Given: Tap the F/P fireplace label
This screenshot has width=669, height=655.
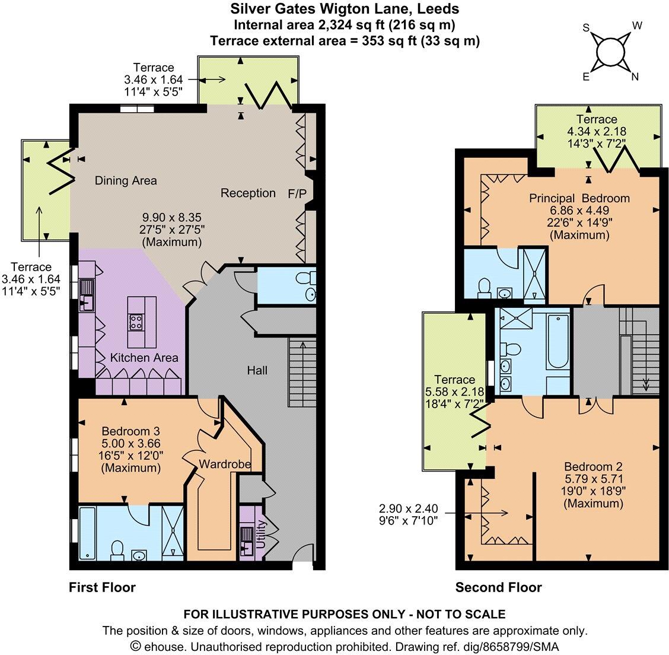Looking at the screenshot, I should tap(296, 193).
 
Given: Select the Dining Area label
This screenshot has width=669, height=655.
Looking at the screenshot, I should tap(126, 180).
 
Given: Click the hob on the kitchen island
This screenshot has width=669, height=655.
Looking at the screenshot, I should tap(135, 322).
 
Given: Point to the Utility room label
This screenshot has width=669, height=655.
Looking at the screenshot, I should tap(260, 535).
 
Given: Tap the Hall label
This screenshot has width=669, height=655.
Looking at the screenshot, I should tap(257, 371).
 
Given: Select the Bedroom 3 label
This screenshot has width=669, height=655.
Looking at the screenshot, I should tap(130, 431).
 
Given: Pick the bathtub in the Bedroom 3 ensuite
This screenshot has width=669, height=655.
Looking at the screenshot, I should tap(88, 533).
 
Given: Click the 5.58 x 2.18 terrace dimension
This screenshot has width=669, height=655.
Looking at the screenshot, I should tap(455, 392).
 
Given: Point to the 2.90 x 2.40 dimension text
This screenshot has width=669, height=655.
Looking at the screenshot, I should tap(408, 508).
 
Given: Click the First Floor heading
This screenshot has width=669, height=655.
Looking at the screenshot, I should tap(102, 588).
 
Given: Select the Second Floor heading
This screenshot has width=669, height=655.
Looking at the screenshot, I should tap(498, 588).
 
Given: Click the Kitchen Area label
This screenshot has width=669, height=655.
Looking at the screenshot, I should tap(144, 358).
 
